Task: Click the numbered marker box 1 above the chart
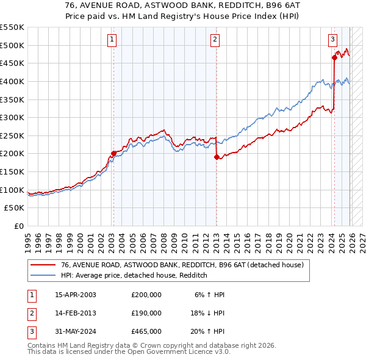point(112,40)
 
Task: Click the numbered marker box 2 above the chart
point(215,40)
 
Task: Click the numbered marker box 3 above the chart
point(332,40)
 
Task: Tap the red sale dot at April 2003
point(113,154)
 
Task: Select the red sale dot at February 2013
point(217,157)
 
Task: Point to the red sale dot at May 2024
point(334,58)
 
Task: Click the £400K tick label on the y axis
point(12,81)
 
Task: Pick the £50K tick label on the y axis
point(15,208)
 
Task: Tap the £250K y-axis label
point(12,135)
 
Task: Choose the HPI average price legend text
point(134,276)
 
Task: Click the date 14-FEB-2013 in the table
point(75,312)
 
